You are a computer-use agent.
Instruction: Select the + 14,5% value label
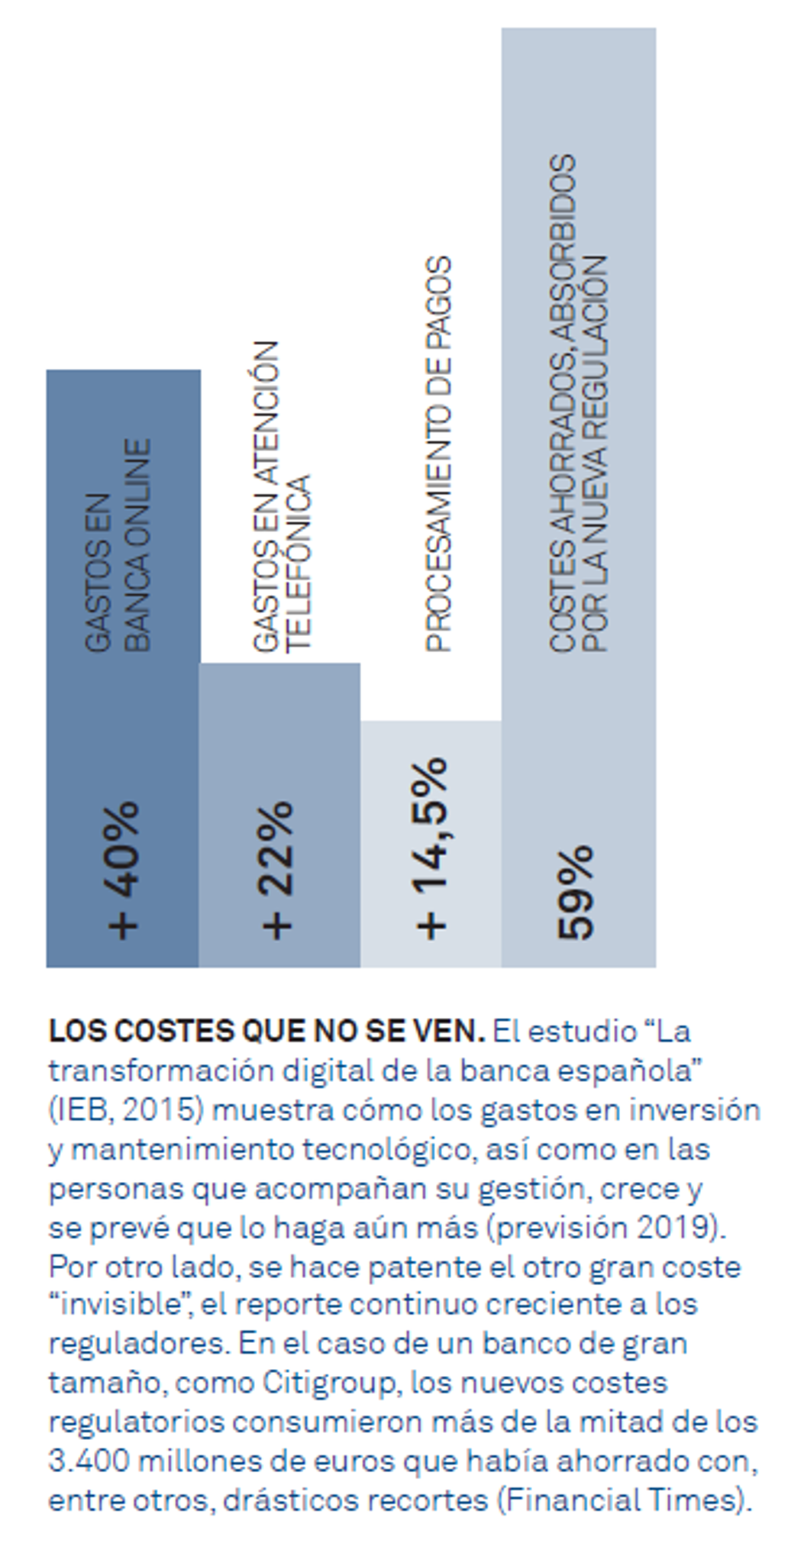(431, 848)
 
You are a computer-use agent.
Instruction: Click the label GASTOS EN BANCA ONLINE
(118, 545)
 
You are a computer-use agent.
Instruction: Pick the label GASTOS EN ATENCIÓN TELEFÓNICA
(281, 496)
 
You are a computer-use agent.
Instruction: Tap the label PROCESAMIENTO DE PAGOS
(438, 454)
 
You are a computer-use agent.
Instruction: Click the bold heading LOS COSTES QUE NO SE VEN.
(266, 1032)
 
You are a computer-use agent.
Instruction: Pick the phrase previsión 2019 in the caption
(604, 1227)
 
